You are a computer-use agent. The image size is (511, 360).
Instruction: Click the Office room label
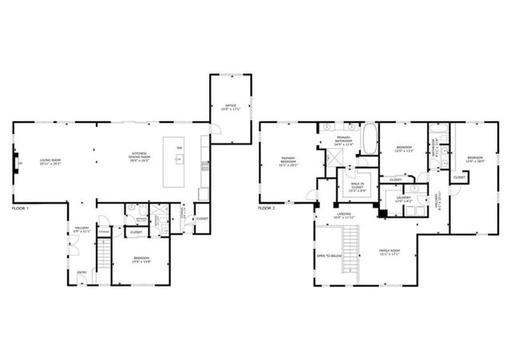(230, 105)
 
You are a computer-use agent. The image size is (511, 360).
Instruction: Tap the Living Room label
(52, 162)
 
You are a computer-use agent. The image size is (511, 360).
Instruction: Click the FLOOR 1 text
(21, 208)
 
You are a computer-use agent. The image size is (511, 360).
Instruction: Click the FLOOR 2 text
(267, 208)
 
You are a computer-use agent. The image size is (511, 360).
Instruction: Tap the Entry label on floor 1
(81, 272)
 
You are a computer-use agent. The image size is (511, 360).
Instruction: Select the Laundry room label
(402, 199)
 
